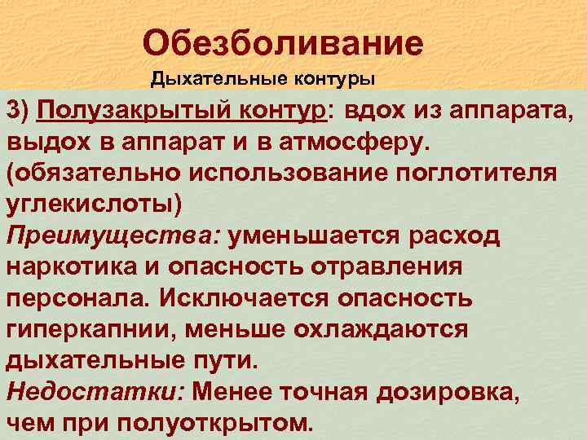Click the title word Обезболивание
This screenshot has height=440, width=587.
click(282, 42)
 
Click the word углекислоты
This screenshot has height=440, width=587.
click(91, 204)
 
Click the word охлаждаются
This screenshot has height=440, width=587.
click(398, 330)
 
